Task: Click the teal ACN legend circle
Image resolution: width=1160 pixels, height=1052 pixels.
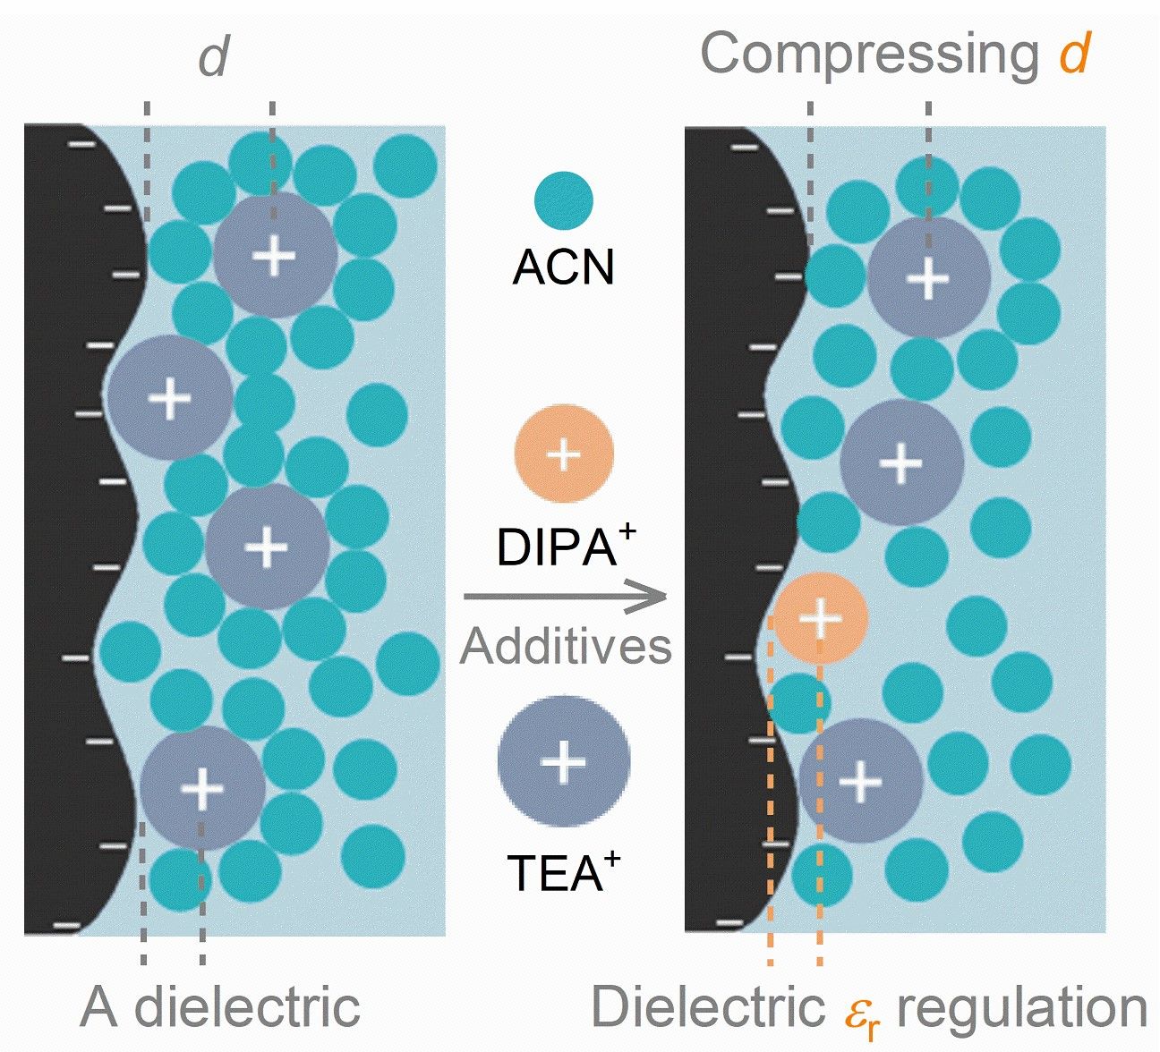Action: pyautogui.click(x=564, y=201)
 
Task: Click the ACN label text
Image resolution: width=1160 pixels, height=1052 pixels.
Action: pyautogui.click(x=564, y=266)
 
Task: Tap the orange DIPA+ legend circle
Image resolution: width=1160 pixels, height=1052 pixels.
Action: pyautogui.click(x=564, y=454)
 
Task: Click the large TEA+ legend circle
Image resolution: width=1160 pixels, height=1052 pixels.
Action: pyautogui.click(x=564, y=761)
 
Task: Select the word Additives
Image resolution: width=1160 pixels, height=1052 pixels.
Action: pyautogui.click(x=566, y=646)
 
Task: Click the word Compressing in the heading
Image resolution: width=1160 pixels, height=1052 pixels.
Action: pyautogui.click(x=868, y=54)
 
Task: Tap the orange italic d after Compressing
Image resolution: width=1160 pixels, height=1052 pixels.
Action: pyautogui.click(x=1074, y=54)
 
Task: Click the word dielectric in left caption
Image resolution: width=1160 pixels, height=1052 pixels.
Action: pyautogui.click(x=247, y=1006)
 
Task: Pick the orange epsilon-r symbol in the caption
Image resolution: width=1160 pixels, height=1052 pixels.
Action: pyautogui.click(x=861, y=1011)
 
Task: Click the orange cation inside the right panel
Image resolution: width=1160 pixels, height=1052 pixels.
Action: pyautogui.click(x=820, y=618)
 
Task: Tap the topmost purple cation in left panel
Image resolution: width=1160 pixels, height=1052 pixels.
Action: pyautogui.click(x=275, y=256)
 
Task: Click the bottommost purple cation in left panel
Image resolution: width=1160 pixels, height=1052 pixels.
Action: pyautogui.click(x=202, y=788)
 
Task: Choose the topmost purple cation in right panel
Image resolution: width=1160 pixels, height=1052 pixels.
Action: pyautogui.click(x=928, y=278)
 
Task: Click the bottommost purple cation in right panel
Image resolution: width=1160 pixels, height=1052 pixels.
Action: pyautogui.click(x=860, y=781)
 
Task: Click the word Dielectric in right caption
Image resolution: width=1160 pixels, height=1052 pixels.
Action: pyautogui.click(x=708, y=1006)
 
